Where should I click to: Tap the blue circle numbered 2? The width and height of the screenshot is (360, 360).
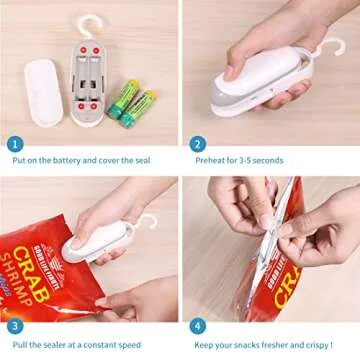click(x=198, y=143)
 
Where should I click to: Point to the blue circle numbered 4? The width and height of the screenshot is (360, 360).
click(x=198, y=326)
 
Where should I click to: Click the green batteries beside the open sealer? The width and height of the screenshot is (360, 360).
click(x=133, y=102)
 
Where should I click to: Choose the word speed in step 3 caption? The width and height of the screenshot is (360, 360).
click(x=147, y=344)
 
